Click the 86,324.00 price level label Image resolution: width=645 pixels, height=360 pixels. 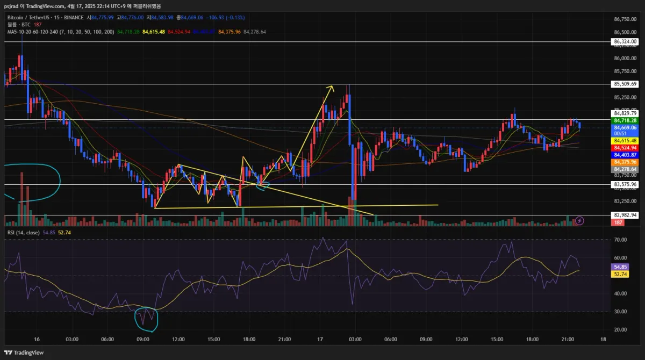click(x=625, y=41)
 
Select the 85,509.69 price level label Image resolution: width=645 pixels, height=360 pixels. click(x=625, y=84)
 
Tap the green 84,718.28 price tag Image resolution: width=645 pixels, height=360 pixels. click(x=625, y=120)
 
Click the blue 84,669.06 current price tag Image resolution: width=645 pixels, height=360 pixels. click(x=625, y=127)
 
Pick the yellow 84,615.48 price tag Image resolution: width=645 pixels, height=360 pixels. click(x=625, y=140)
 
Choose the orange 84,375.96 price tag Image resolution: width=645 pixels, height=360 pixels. click(x=625, y=162)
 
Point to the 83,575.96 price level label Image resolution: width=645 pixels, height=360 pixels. click(x=625, y=184)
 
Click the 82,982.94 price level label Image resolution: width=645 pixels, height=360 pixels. click(x=625, y=215)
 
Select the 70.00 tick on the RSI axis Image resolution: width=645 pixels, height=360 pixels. click(x=620, y=240)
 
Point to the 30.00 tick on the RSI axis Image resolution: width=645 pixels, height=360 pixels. click(x=620, y=312)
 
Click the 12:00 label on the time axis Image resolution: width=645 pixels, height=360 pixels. click(x=178, y=340)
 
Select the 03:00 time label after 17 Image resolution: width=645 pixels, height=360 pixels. click(x=355, y=340)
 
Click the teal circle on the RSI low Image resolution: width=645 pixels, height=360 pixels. click(x=146, y=318)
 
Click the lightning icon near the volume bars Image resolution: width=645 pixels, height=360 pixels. click(x=580, y=220)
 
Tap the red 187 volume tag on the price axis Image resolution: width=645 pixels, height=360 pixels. click(x=619, y=222)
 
